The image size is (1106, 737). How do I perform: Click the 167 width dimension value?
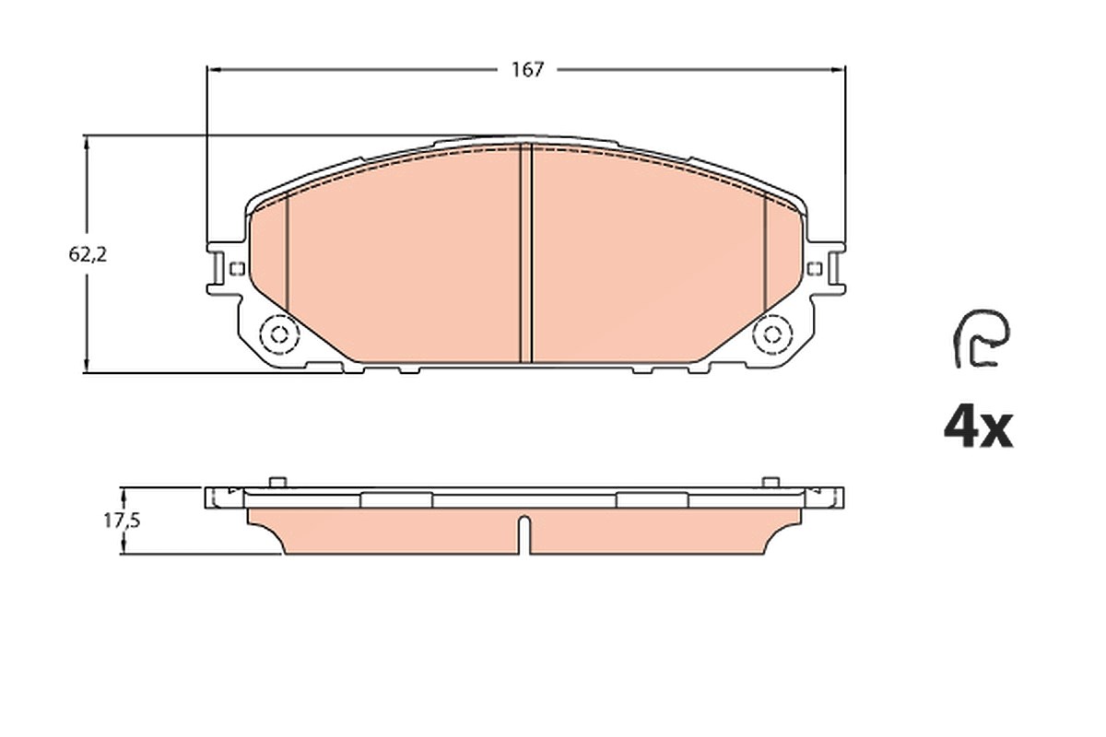pyautogui.click(x=527, y=70)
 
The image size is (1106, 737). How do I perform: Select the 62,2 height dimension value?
pyautogui.click(x=88, y=254)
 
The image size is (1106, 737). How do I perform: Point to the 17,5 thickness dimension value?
pyautogui.click(x=122, y=521)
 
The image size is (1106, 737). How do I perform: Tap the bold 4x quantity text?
pyautogui.click(x=978, y=429)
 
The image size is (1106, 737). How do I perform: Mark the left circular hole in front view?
pyautogui.click(x=279, y=334)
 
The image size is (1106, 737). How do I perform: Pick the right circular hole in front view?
pyautogui.click(x=772, y=334)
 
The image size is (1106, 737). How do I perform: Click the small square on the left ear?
pyautogui.click(x=238, y=268)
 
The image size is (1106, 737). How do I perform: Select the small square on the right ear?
pyautogui.click(x=815, y=268)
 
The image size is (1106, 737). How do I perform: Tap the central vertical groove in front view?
pyautogui.click(x=526, y=252)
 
